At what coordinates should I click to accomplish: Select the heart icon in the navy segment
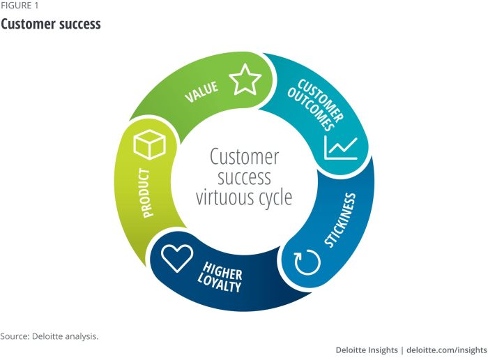point(176,258)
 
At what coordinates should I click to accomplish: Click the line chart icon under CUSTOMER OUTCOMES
point(341,147)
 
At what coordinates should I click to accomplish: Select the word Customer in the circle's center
point(244,156)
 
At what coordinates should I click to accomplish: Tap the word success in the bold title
point(79,24)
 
